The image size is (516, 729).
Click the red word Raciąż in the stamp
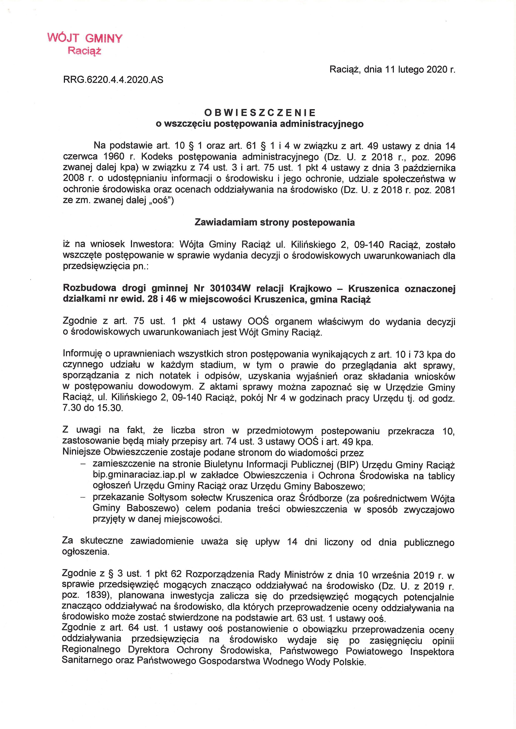point(85,51)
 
